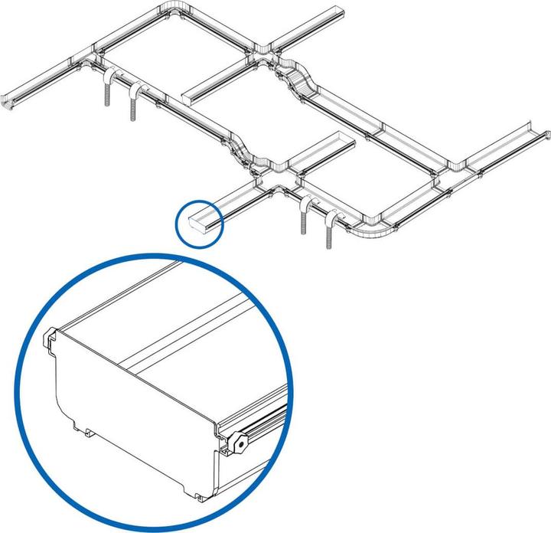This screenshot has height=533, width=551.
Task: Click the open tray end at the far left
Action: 11,102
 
